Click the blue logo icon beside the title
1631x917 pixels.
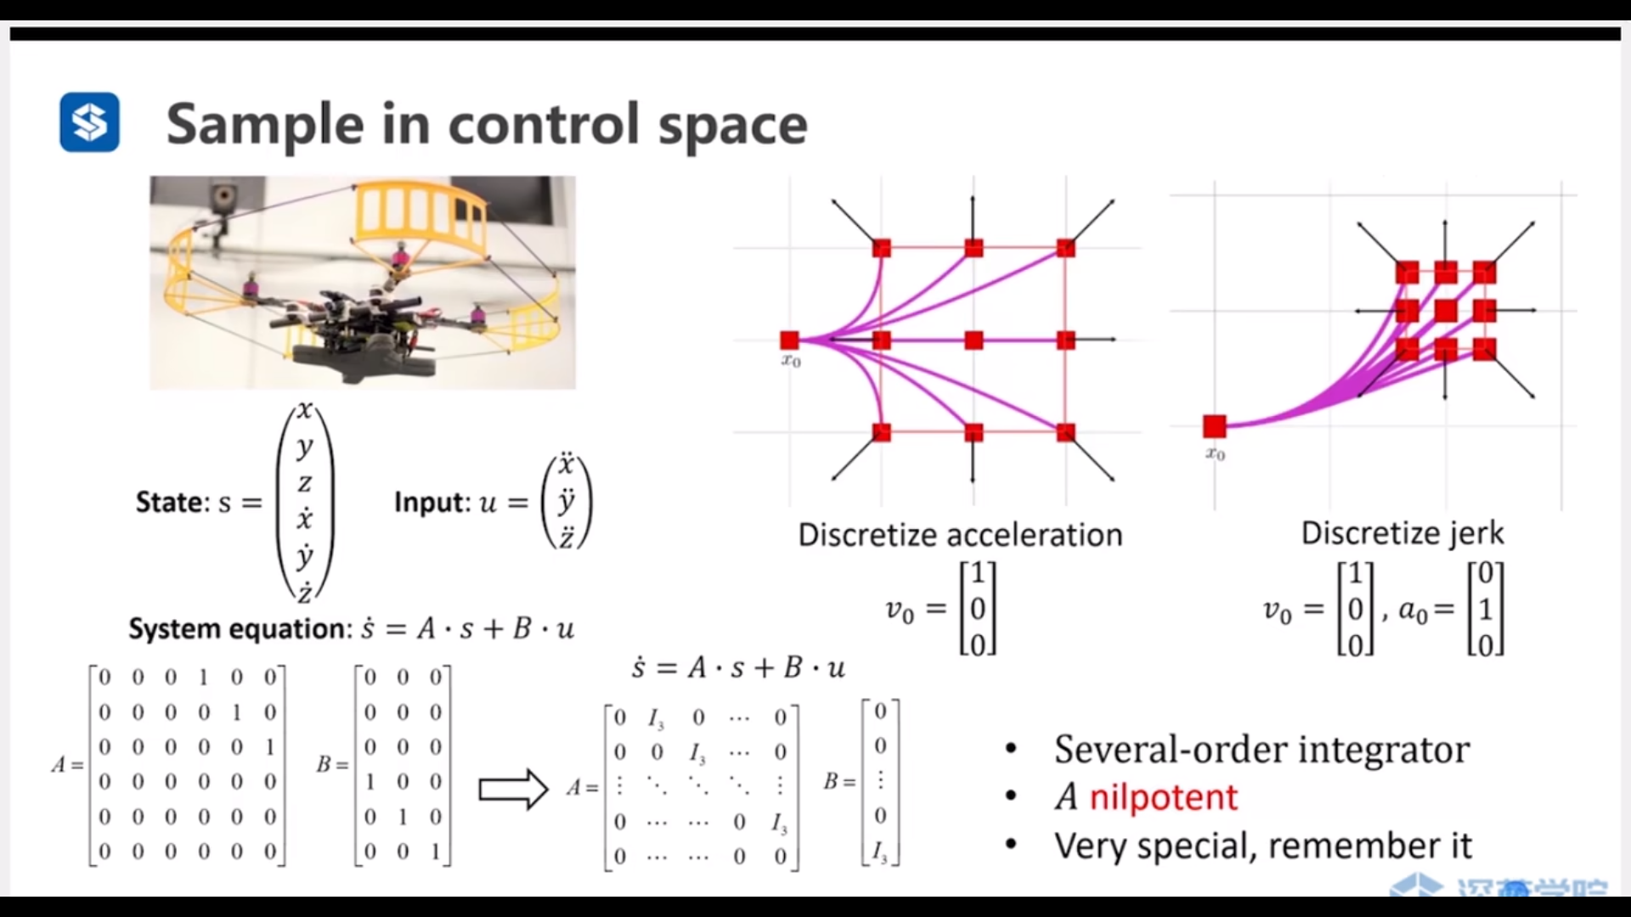(89, 122)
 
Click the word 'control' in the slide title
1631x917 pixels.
(545, 125)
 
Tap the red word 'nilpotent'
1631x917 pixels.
(1163, 797)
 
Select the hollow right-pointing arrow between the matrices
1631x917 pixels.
(513, 790)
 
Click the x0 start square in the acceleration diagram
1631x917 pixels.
(790, 340)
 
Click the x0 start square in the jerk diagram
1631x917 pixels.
(1215, 426)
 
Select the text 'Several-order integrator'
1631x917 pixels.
(1261, 749)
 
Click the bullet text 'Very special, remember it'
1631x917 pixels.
(1263, 846)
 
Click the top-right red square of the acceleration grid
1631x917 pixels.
(1066, 248)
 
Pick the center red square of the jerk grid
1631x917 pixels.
(1446, 311)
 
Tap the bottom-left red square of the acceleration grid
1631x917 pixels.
(882, 432)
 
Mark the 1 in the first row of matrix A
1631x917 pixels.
(203, 677)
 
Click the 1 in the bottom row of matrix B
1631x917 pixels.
(436, 851)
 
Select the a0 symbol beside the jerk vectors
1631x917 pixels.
(1413, 610)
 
